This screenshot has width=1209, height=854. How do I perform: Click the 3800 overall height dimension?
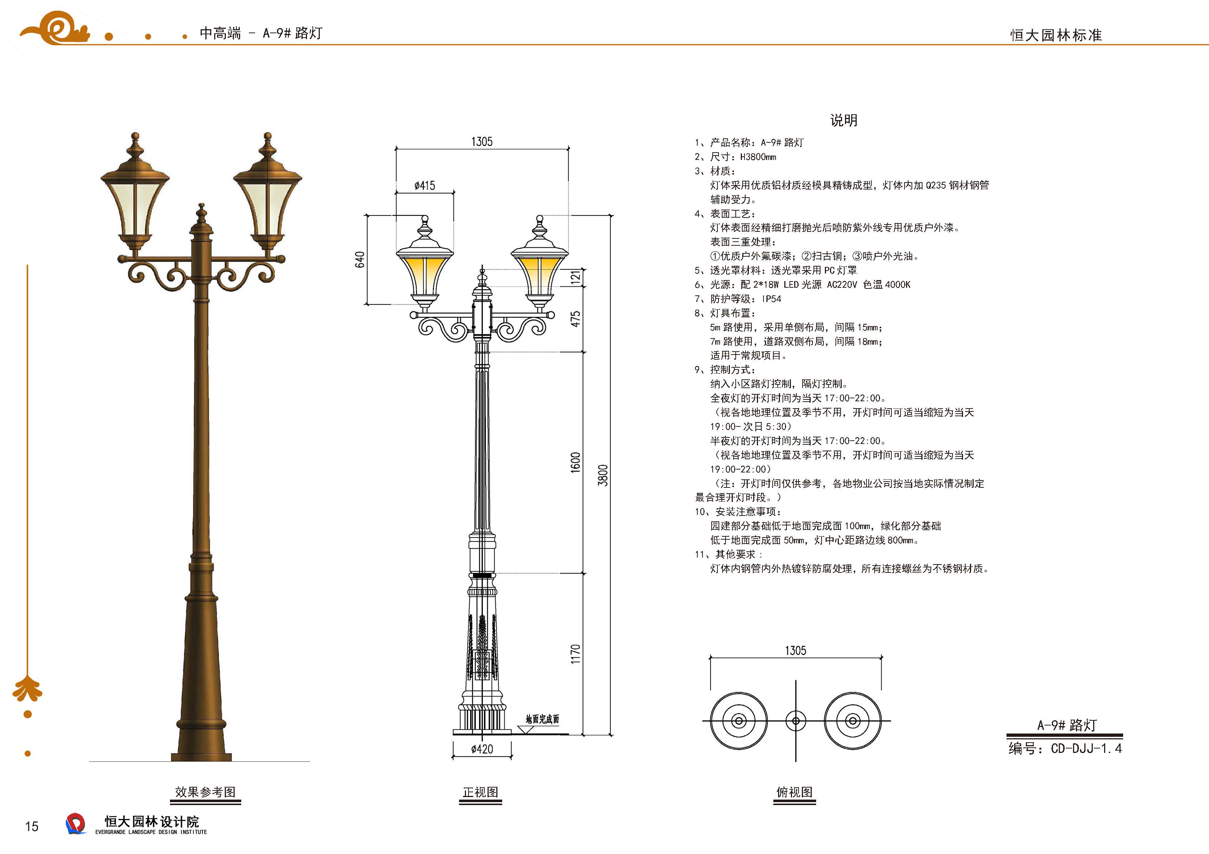click(x=603, y=475)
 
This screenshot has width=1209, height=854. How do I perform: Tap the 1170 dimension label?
click(x=576, y=654)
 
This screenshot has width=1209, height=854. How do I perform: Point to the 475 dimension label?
click(x=576, y=319)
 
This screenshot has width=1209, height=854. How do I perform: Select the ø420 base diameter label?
click(x=482, y=749)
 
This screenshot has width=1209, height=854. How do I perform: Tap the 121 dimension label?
click(x=576, y=277)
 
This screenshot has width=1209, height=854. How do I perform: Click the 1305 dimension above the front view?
click(x=482, y=142)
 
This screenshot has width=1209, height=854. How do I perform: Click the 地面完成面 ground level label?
click(x=542, y=719)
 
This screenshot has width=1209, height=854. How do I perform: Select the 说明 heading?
click(x=844, y=120)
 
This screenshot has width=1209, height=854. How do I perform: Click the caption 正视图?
click(x=480, y=792)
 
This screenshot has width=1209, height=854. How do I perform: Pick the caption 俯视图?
click(x=794, y=792)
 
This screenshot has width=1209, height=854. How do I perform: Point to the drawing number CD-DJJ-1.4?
click(x=1086, y=748)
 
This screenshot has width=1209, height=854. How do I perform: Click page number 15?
click(x=31, y=827)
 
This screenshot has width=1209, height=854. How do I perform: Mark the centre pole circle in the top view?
click(x=796, y=721)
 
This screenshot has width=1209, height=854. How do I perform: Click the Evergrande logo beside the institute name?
click(x=75, y=823)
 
